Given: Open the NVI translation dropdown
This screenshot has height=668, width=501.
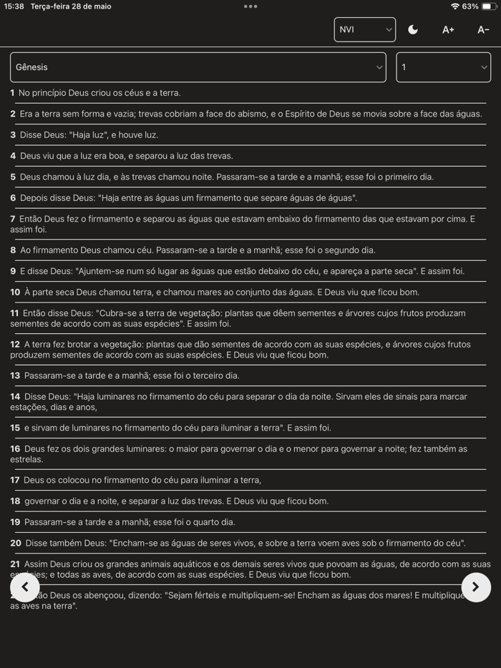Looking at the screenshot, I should pos(364,29).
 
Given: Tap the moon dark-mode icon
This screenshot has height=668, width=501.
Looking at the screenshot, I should pos(413,29).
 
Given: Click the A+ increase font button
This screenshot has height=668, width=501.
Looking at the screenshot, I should pos(448,29).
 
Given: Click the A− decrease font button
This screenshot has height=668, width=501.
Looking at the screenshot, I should pos(483,29).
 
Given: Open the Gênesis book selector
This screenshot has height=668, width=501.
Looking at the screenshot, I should pos(198,67).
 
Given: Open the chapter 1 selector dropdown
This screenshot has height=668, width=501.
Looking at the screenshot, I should pos(443,67).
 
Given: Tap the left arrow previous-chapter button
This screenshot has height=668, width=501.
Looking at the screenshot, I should pos(25,587).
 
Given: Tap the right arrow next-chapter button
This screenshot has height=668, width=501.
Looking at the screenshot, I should pos(476,587).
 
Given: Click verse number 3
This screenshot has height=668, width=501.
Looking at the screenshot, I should pos(13,135).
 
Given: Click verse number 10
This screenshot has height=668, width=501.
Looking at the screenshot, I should pos(15,293).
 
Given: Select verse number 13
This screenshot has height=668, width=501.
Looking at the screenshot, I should pos(15,376).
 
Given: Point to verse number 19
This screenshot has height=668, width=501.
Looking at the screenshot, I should pos(15,523).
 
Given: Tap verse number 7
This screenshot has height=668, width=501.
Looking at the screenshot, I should pos(13,219).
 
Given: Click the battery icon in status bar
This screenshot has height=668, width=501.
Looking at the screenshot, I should pos(487,6).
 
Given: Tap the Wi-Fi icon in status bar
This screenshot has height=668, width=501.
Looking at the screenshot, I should pos(454,6).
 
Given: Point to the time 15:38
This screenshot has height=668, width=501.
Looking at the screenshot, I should pos(14,6).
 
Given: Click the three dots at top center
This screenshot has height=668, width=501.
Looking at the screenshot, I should pos(250,6).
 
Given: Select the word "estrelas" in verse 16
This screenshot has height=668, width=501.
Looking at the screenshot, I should pos(26,460).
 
